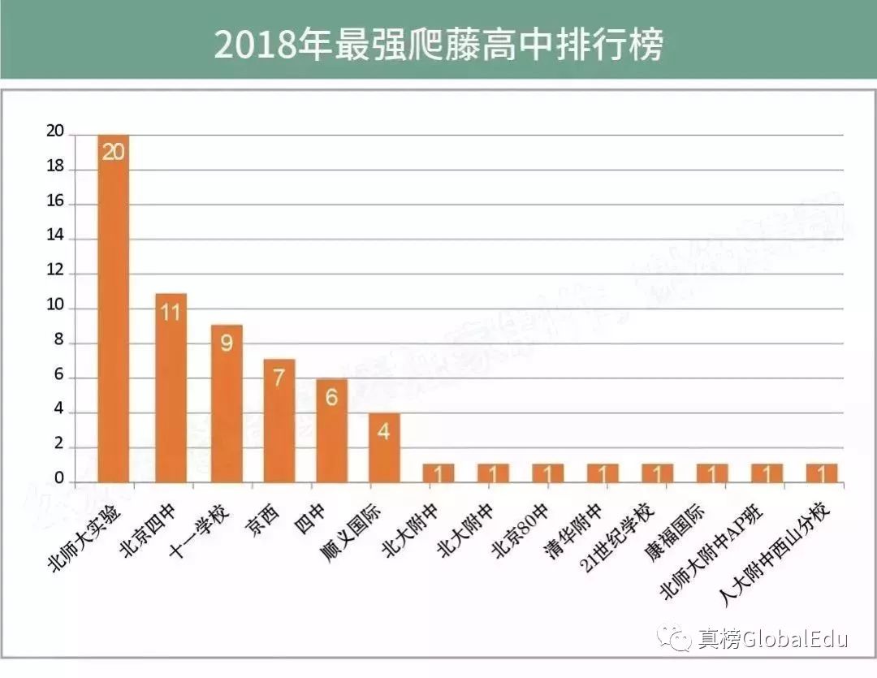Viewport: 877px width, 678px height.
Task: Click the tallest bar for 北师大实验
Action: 113,309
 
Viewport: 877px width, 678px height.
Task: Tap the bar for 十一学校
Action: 227,404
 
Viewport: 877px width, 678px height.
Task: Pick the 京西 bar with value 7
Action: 279,421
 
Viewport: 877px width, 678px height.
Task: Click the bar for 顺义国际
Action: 384,447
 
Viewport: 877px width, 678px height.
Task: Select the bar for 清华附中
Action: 603,473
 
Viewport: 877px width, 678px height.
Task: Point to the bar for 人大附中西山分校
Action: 822,473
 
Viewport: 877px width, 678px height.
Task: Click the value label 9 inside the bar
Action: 227,343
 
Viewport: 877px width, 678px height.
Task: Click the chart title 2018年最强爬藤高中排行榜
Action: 438,45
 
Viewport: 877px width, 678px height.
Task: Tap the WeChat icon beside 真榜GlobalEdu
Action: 675,638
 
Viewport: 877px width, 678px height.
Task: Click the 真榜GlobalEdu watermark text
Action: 772,639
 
